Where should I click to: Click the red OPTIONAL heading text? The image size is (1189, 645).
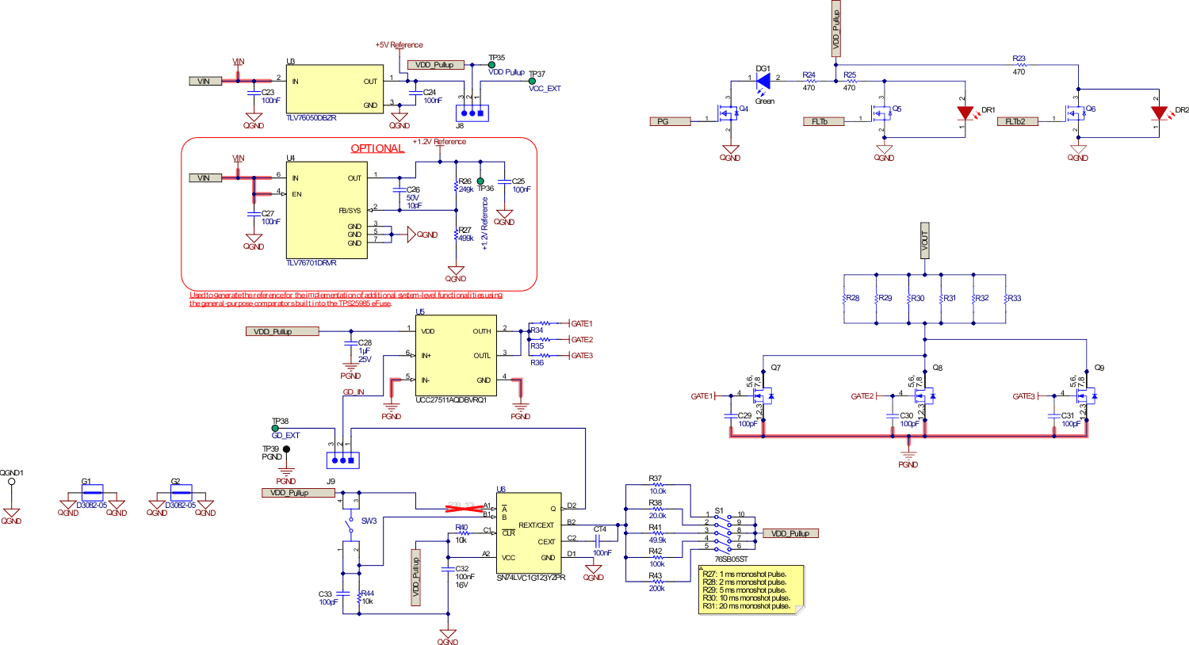tap(377, 148)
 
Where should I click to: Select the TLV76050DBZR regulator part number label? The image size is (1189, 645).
tap(312, 118)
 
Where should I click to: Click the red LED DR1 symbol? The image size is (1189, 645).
tap(965, 113)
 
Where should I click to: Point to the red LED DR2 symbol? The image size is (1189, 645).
tap(1158, 113)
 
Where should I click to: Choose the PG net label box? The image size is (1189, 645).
tap(663, 121)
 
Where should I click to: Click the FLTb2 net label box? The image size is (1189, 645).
tap(1016, 121)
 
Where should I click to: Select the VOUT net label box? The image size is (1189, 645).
tap(924, 240)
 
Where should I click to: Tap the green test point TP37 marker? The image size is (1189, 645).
tap(532, 81)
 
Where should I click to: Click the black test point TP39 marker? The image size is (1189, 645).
tap(286, 449)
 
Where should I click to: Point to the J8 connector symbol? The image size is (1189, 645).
tap(472, 113)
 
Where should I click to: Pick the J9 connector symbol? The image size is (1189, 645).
tap(342, 460)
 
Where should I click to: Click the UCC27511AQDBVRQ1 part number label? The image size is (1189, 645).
tap(451, 400)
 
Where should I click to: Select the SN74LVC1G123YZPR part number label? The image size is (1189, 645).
tap(531, 578)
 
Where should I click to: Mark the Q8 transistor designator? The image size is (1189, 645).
tap(937, 368)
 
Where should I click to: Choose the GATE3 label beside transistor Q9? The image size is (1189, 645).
tap(1024, 396)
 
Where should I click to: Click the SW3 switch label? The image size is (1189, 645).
tap(369, 521)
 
